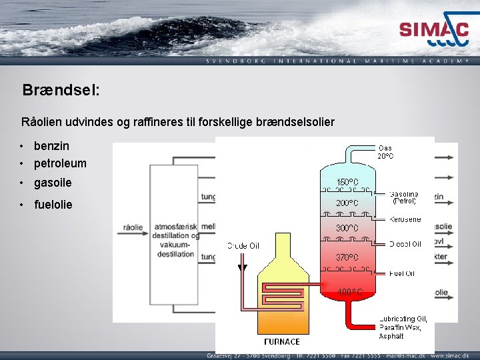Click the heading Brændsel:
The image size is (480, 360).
(x=61, y=90)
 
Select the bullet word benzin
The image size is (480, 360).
(x=51, y=145)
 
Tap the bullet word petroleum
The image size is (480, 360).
(x=60, y=163)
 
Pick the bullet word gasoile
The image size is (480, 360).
(x=53, y=183)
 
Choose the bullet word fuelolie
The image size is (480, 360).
(x=53, y=204)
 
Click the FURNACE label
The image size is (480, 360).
(x=282, y=342)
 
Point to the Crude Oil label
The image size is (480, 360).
(x=244, y=246)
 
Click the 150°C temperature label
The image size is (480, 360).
(x=347, y=181)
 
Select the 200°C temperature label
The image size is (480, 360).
(x=347, y=203)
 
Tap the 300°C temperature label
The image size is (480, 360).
(x=347, y=228)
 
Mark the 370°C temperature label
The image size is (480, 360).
(x=347, y=257)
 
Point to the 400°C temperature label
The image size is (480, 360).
(x=349, y=292)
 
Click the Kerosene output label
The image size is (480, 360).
(x=405, y=219)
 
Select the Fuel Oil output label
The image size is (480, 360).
(x=402, y=273)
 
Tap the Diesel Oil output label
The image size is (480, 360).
(x=405, y=245)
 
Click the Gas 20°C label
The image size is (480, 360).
(x=385, y=152)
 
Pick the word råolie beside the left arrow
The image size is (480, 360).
(x=133, y=227)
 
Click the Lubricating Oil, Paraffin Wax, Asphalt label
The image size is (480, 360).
(x=403, y=327)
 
